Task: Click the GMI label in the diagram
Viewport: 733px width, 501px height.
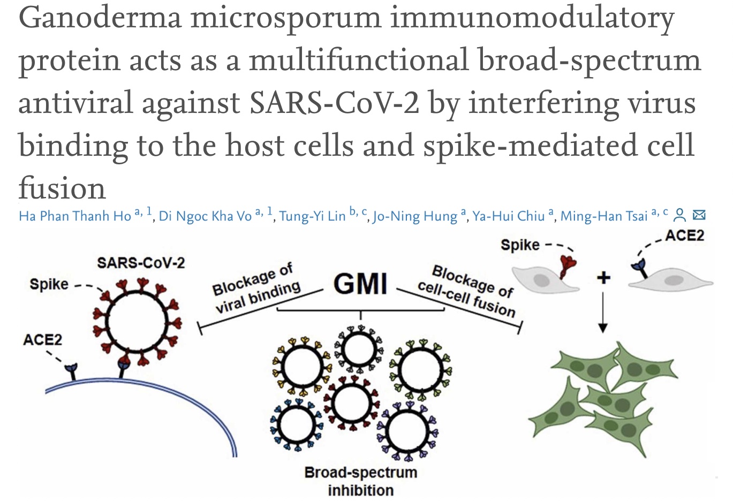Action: pos(360,283)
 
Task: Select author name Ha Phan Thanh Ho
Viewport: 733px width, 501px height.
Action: pos(75,216)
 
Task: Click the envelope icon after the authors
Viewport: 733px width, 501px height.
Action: pos(699,215)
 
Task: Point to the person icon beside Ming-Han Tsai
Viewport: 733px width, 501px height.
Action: pos(679,215)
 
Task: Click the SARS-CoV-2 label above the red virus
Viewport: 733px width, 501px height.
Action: pos(141,263)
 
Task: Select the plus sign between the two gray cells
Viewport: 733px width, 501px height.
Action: pos(603,277)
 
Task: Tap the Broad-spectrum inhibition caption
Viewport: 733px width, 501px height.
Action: pos(360,481)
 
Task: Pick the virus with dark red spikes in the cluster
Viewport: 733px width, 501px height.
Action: pos(351,403)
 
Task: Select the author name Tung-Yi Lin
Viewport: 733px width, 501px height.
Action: pos(312,216)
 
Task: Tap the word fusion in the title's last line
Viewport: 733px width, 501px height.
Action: pos(62,188)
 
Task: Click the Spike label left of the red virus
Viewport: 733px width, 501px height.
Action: pos(49,284)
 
